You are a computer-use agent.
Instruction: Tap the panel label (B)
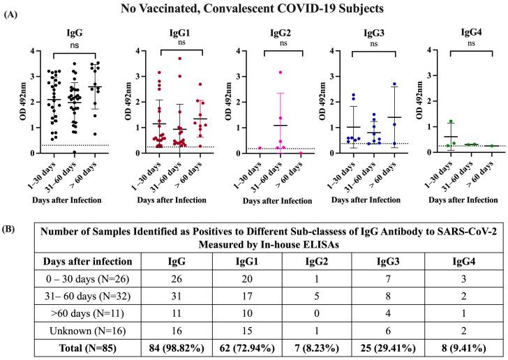(12, 227)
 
